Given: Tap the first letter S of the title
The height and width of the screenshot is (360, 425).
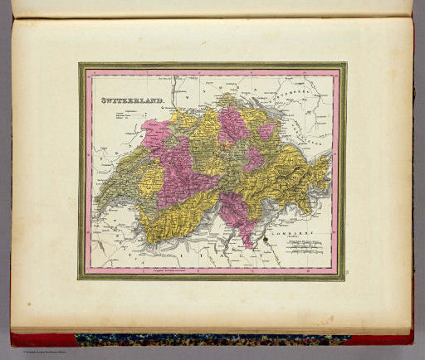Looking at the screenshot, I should (104, 100).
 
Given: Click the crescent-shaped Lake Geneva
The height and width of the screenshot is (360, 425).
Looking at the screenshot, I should (125, 220).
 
